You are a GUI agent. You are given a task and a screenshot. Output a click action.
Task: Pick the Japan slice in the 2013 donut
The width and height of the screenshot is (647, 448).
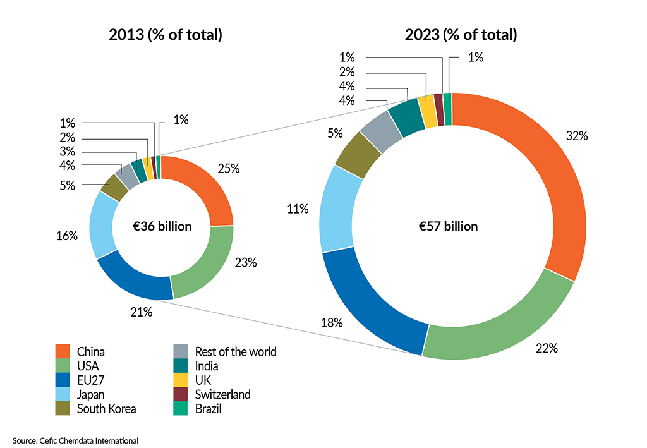coord(102,224)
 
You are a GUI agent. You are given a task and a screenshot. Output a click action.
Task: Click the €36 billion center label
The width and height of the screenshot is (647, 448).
coord(162,226)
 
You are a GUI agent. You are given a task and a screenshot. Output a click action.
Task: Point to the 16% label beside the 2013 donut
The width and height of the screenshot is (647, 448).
coord(66,236)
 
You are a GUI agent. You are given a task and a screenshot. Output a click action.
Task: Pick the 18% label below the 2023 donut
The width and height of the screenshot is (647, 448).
coord(332,323)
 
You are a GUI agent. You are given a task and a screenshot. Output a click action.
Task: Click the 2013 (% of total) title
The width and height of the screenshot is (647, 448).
coord(166,35)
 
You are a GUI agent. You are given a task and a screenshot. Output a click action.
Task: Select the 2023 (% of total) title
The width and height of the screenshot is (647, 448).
coord(461,35)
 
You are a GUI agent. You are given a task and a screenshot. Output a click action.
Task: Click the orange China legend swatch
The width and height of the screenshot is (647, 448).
coord(63,352)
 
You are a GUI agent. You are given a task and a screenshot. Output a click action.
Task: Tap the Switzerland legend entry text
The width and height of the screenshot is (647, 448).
coord(222,395)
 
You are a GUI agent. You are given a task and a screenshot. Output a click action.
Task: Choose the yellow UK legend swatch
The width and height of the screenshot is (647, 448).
coord(181,380)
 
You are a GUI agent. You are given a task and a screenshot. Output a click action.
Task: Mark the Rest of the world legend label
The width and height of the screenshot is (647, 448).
coord(236,352)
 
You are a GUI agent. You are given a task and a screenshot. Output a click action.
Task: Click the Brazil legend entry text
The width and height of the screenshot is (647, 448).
coord(209,409)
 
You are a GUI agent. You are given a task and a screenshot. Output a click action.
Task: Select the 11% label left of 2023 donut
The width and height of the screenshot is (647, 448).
coord(297,209)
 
